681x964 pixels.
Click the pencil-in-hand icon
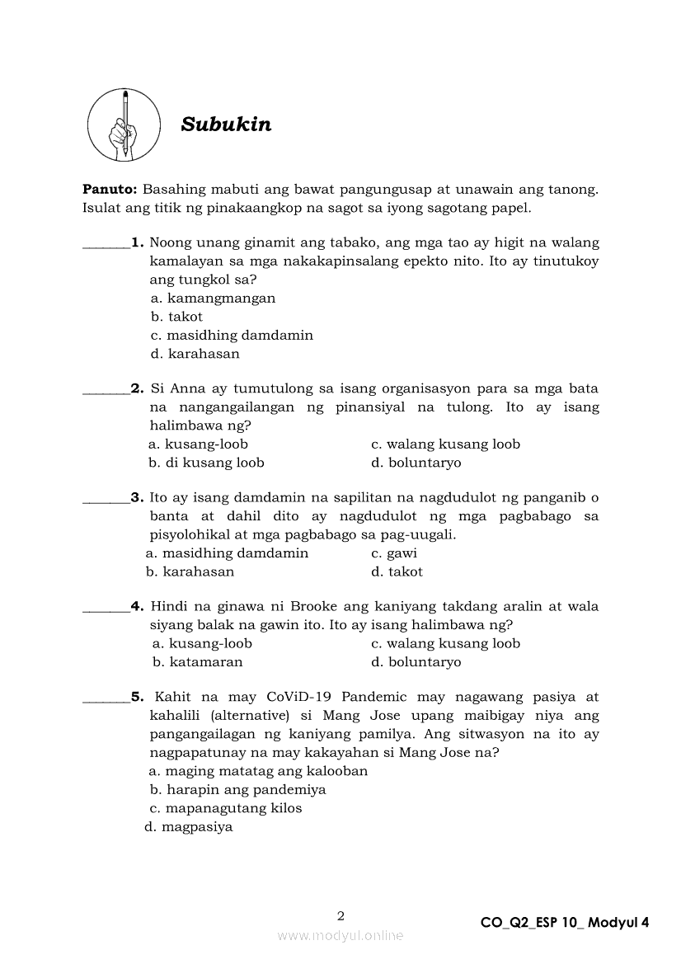point(124,125)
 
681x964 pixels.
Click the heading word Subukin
point(226,125)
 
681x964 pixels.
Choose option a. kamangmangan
point(213,299)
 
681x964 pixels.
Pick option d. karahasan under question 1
point(195,354)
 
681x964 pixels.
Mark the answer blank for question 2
point(106,389)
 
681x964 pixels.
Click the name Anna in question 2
point(187,388)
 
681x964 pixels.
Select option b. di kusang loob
point(206,463)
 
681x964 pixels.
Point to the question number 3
point(137,497)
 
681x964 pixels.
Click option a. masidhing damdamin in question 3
point(227,553)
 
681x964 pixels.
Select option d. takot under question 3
point(397,571)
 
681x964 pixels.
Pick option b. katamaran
point(198,662)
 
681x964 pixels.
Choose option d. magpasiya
point(189,826)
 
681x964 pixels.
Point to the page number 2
point(340,915)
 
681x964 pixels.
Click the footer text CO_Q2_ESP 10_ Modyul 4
point(565,923)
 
